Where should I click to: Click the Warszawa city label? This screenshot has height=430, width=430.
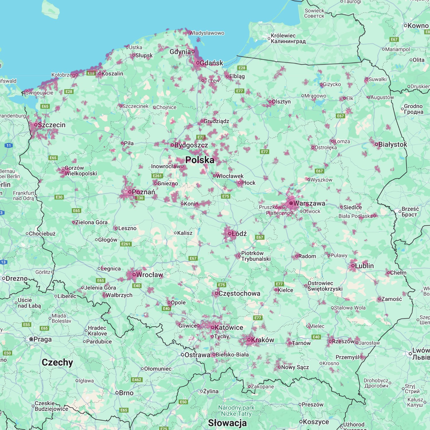coord(309,203)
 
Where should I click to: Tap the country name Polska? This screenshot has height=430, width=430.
coord(200,160)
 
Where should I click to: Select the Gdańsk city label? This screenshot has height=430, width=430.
coord(211,63)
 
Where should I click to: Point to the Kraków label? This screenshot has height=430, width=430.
coord(263,340)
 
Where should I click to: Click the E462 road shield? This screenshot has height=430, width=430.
coord(136,380)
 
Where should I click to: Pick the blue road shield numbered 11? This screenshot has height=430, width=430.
coord(9,145)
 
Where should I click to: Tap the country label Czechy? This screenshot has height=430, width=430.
coord(57,362)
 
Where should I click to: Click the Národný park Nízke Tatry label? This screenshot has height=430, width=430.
coord(236,411)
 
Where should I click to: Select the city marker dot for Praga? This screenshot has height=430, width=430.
coord(31,339)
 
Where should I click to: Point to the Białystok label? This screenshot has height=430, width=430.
coord(392,144)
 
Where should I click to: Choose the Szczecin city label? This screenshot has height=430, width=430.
coord(52,125)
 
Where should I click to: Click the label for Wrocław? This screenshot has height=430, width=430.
coord(149,275)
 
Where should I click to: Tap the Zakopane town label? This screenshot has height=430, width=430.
coord(262,386)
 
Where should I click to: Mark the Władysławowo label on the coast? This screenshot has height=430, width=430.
coord(206,33)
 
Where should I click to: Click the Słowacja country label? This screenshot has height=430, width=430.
coord(227,423)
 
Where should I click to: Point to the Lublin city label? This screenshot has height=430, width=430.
coord(364,266)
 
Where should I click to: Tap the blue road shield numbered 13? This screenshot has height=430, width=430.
coord(3,262)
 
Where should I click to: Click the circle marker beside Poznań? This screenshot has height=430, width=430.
coord(130,192)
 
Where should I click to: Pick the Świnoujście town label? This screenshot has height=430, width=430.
coord(39,93)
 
